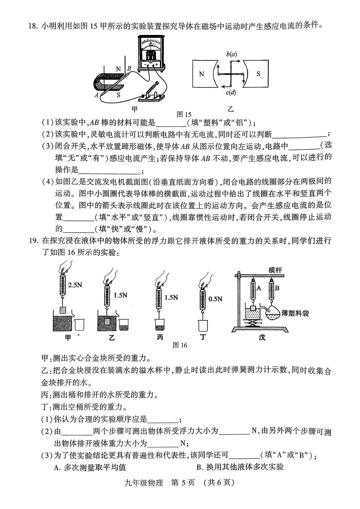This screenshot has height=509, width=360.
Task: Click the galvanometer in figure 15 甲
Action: [x=151, y=53]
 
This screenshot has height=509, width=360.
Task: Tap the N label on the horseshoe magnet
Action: [x=119, y=69]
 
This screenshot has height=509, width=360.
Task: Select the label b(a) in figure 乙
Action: [x=231, y=54]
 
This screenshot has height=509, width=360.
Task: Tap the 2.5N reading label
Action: [x=75, y=285]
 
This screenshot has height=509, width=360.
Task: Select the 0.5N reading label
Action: [x=215, y=299]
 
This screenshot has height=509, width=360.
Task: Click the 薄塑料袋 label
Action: [x=295, y=313]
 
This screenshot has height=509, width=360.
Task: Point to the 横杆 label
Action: [x=275, y=270]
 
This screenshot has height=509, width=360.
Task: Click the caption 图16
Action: [x=180, y=345]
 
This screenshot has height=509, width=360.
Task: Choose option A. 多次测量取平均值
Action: [x=90, y=467]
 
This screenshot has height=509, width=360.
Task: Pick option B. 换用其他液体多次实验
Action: [x=240, y=467]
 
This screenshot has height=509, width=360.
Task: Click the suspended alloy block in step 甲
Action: [x=63, y=310]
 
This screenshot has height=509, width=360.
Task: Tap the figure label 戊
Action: [x=262, y=337]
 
